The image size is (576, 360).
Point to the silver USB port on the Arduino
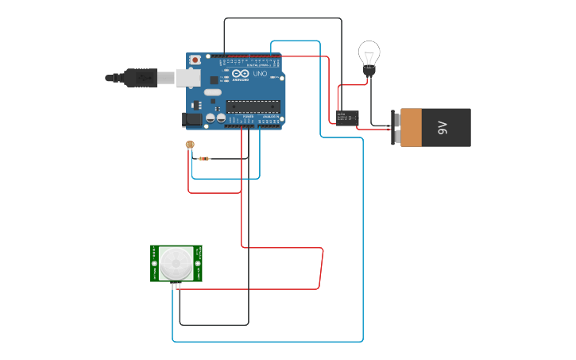(188, 78)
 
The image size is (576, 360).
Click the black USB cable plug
(140, 78)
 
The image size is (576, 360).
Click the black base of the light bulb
(369, 72)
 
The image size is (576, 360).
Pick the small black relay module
(346, 118)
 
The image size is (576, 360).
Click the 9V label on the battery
(443, 128)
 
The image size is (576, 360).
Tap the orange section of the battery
(412, 128)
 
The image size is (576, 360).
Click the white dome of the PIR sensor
(176, 263)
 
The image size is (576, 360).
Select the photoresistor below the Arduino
(189, 145)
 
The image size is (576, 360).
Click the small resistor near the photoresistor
(204, 158)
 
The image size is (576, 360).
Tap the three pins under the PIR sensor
(176, 285)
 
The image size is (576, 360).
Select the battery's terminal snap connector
(396, 128)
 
